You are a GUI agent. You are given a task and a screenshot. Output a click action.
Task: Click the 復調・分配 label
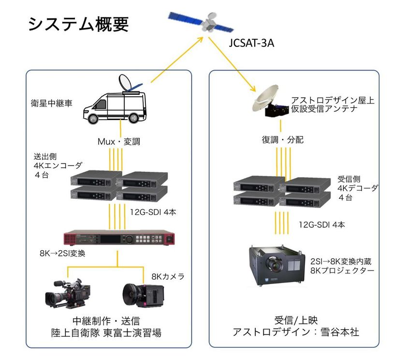(x=283, y=140)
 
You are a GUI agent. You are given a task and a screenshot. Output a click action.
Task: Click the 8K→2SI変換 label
(x=62, y=253)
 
